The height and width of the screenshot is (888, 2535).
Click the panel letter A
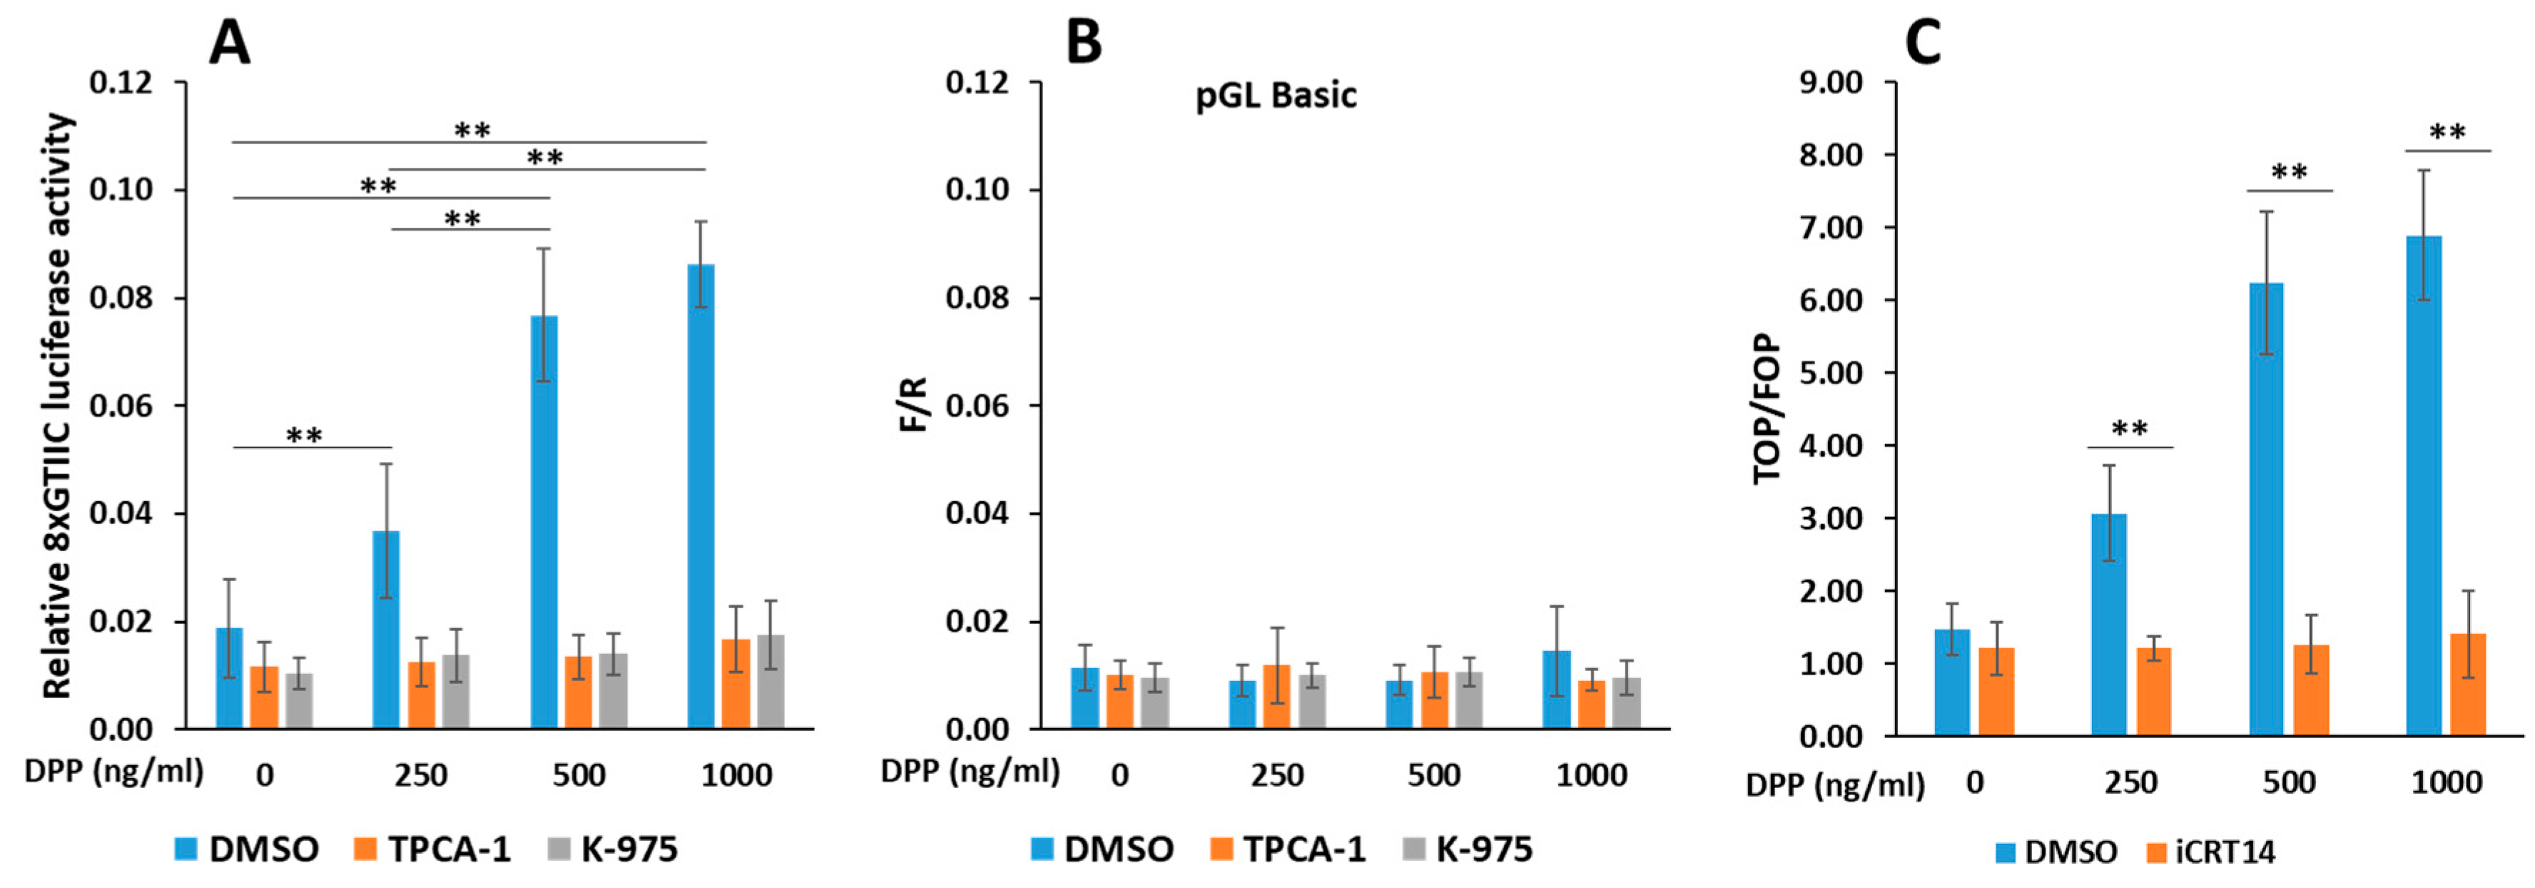click(x=229, y=44)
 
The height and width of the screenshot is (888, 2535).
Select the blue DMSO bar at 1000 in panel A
click(x=701, y=496)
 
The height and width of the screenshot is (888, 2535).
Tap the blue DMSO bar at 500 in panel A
click(x=544, y=522)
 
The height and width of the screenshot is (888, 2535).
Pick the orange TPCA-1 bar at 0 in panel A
click(x=264, y=698)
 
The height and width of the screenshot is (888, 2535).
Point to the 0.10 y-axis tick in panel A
click(x=122, y=189)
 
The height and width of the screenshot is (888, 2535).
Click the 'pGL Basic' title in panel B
click(x=1276, y=96)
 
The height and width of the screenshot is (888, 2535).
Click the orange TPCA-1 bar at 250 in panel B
click(x=1276, y=697)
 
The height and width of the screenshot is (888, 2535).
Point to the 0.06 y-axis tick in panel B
click(x=978, y=405)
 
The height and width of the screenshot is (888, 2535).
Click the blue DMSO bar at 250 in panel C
click(x=2109, y=625)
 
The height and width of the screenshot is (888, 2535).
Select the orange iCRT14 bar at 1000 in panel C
click(x=2467, y=685)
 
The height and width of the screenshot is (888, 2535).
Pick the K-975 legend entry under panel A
click(x=613, y=849)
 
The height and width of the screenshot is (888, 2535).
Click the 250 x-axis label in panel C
click(x=2131, y=782)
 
